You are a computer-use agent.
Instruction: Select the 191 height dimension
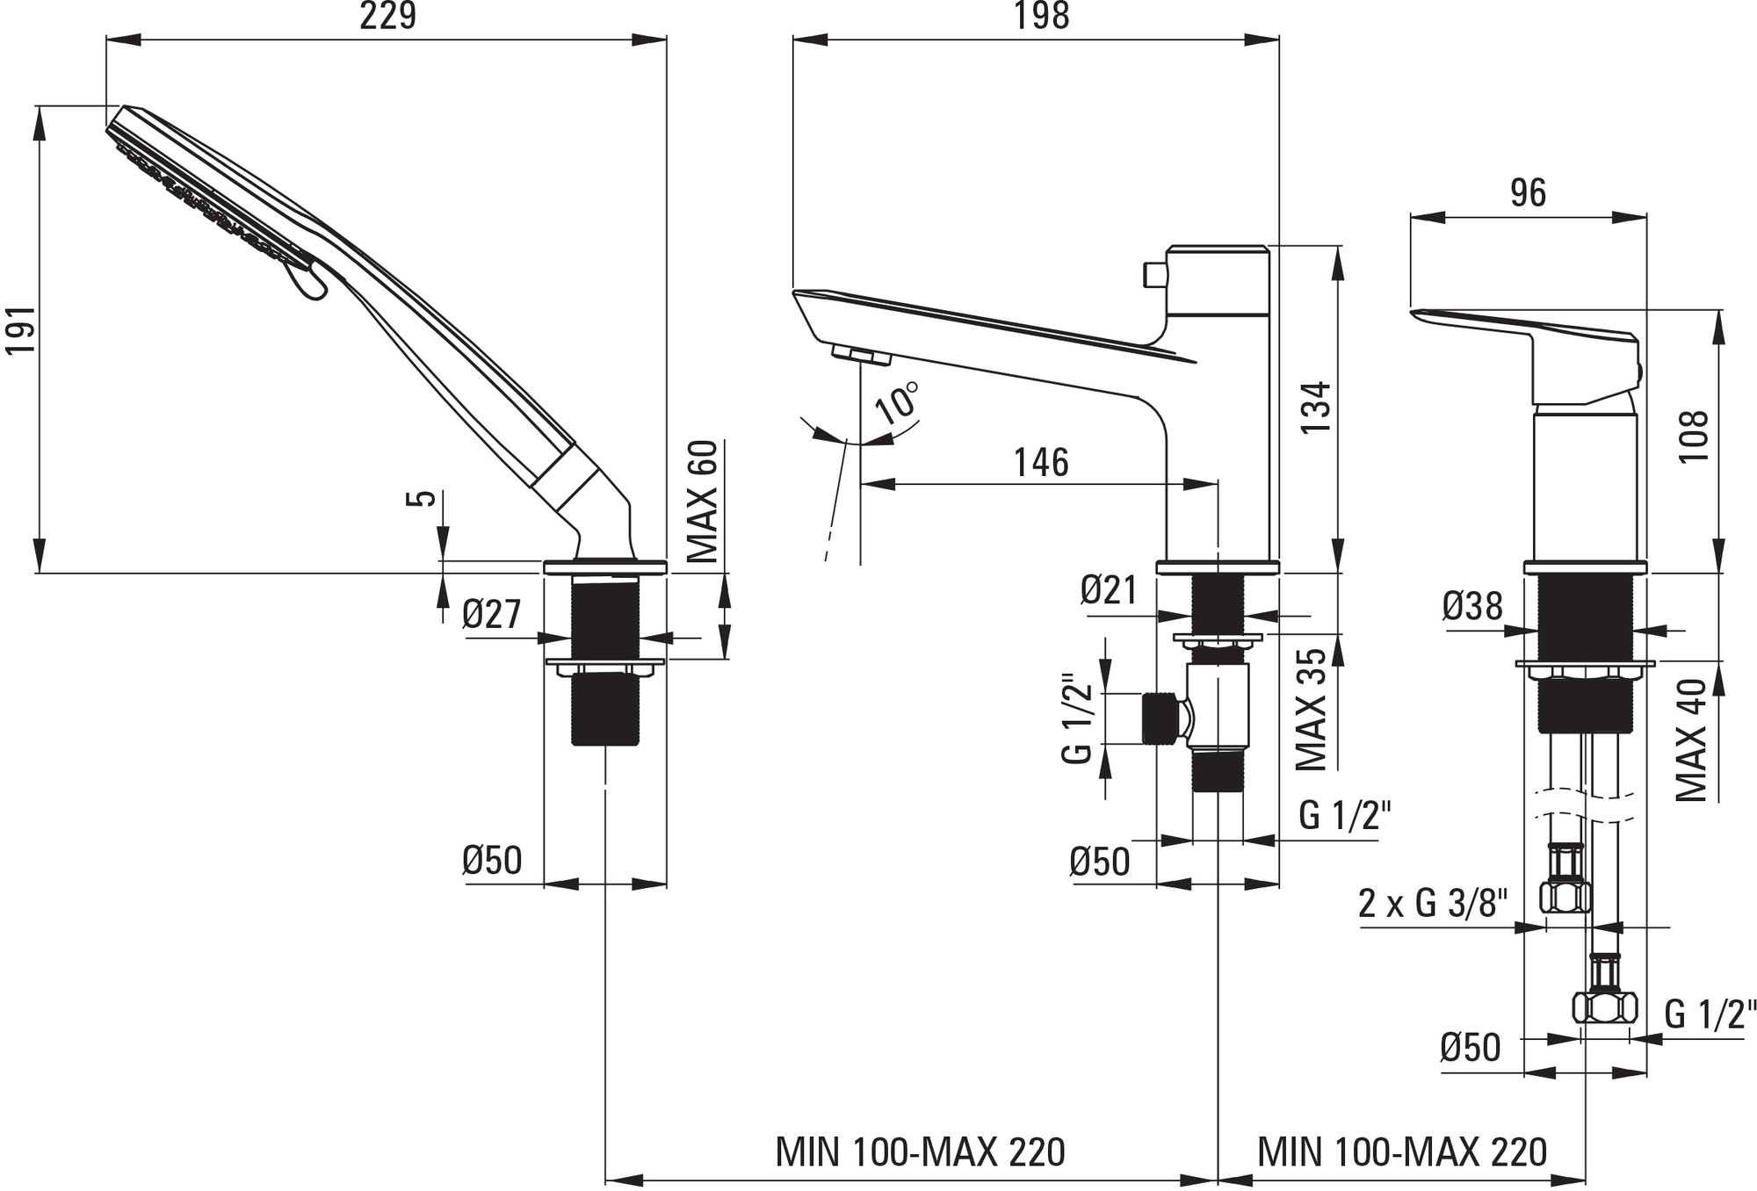click(20, 331)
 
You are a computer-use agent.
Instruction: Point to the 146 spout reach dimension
click(1042, 463)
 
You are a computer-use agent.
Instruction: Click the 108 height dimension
click(1695, 437)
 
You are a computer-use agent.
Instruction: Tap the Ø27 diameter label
click(492, 614)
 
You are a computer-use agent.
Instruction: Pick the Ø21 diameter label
click(1109, 590)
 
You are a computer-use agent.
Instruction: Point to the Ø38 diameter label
click(1471, 606)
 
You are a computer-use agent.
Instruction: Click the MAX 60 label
click(703, 502)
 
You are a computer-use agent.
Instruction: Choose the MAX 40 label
click(1691, 740)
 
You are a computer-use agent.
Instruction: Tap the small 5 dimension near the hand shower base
click(424, 498)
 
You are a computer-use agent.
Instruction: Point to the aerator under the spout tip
click(860, 356)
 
